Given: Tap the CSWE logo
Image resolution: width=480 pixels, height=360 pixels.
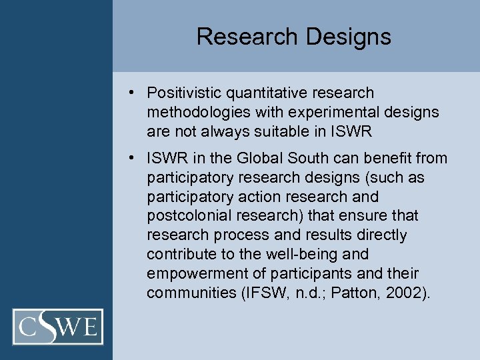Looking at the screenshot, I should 58,327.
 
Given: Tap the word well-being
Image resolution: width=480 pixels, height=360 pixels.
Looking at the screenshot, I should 300,254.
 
